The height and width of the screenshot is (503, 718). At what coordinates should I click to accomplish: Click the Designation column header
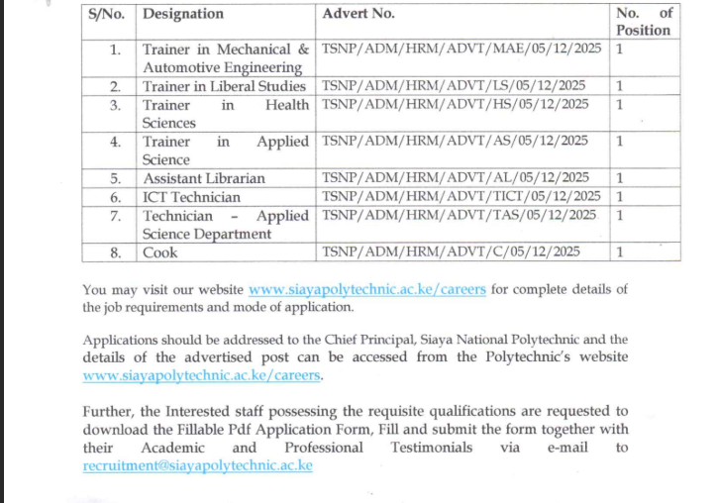[183, 14]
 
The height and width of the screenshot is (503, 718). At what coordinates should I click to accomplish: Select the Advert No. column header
[359, 14]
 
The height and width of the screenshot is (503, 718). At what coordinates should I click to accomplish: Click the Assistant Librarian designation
[204, 178]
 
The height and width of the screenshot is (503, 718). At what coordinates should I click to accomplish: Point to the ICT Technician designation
[192, 197]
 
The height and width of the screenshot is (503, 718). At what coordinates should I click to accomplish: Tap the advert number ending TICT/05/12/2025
[462, 197]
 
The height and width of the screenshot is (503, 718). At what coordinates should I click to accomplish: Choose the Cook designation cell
[160, 252]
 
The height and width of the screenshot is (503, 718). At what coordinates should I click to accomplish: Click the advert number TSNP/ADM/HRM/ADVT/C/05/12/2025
[452, 252]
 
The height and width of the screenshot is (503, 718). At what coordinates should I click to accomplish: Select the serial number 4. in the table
[117, 142]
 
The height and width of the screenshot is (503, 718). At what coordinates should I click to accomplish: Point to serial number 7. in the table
[117, 216]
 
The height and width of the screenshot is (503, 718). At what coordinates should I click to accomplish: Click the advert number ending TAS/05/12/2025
[460, 216]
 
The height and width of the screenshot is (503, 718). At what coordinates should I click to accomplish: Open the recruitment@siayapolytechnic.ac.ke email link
[198, 465]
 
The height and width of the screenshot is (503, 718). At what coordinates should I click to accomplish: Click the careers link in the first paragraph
[367, 289]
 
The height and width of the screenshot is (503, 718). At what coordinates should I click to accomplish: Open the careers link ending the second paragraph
[203, 375]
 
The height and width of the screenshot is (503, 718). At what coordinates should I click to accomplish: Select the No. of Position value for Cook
[620, 252]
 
